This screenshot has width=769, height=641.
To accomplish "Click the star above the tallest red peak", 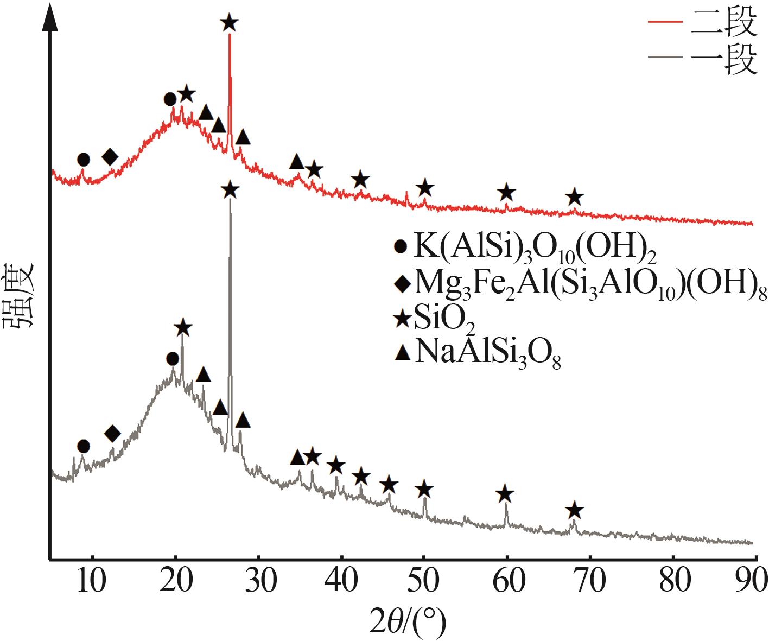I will [x=230, y=23].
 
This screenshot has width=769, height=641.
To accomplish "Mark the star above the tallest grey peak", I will [x=230, y=191].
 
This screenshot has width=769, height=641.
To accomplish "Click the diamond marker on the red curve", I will [x=110, y=157].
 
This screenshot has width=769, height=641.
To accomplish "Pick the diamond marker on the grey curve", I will [x=112, y=433].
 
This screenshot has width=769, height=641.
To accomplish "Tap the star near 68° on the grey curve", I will [x=575, y=510].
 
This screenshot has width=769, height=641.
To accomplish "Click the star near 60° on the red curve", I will [x=506, y=192].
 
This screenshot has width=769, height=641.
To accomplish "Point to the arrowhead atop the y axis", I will [x=50, y=16].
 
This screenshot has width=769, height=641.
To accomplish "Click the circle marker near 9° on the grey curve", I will [x=83, y=446].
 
